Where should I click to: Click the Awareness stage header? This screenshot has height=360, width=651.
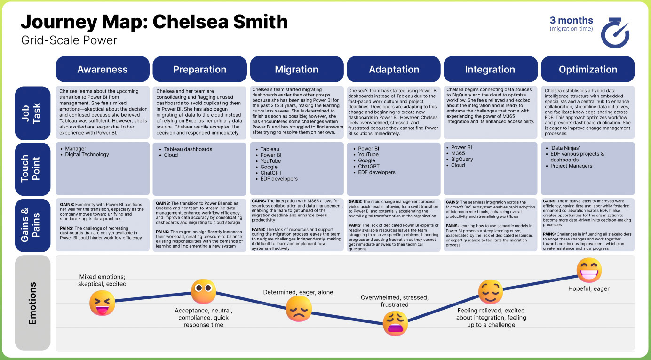103,69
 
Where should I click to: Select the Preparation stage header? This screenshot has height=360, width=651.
199,69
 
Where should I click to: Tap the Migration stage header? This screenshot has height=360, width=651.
297,69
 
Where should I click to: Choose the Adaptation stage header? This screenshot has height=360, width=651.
394,69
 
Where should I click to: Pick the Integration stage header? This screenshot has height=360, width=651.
490,69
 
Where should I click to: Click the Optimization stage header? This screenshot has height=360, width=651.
587,69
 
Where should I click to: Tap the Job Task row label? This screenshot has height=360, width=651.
32,113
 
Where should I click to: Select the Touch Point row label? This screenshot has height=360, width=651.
32,169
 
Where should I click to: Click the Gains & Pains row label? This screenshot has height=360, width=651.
32,225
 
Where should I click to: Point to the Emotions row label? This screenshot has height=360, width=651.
32,303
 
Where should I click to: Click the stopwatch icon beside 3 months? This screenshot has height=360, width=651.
615,32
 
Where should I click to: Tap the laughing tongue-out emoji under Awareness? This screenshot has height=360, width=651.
102,303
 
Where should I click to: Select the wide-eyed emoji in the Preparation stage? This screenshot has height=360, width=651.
203,291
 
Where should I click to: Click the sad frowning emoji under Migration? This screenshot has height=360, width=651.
299,309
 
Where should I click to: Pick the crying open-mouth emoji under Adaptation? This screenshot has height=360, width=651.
395,323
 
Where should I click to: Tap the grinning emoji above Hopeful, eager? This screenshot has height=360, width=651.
589,270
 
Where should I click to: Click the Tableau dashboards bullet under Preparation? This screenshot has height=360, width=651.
186,149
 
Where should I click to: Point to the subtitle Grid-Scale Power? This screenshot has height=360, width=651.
69,40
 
